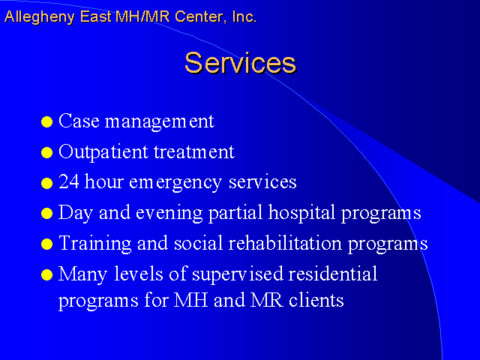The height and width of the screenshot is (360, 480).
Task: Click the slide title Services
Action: pos(241,63)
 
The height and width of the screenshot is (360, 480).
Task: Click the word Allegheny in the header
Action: pos(40,17)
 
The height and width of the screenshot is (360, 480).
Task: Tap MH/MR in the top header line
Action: pos(142,16)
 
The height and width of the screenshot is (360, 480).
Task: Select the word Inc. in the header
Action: pos(244,16)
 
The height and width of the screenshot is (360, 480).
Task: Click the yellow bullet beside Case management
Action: pos(46,121)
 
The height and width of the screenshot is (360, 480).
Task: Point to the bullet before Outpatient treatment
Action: pos(46,152)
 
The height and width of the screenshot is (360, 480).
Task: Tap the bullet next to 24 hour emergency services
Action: pos(46,183)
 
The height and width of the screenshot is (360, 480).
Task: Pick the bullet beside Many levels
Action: pos(46,274)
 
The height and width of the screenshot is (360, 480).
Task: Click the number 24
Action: pos(69,181)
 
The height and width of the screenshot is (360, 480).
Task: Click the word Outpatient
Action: pos(103,152)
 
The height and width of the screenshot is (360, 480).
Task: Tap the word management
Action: pos(160,121)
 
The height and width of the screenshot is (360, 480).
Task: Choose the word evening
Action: pos(169,213)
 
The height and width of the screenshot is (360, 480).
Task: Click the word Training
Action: pos(95,244)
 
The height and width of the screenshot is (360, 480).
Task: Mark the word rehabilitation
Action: pos(285,243)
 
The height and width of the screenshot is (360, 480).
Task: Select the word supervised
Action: pos(238,274)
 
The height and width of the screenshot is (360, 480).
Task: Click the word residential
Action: pos(333,273)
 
